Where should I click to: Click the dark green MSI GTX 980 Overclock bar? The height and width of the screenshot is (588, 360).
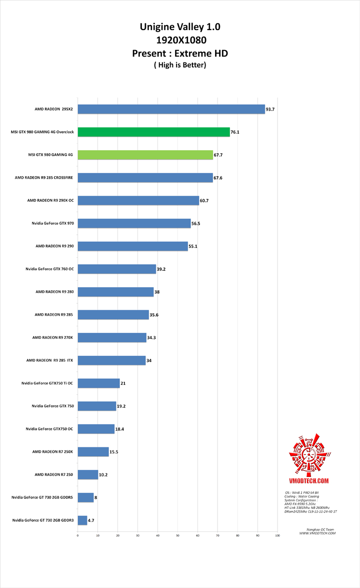[x=153, y=132]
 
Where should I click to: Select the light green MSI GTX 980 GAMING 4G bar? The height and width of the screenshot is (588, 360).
[x=145, y=155]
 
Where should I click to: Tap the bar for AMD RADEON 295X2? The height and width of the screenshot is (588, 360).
[x=171, y=109]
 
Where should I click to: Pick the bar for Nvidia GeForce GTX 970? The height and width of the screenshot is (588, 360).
[x=134, y=223]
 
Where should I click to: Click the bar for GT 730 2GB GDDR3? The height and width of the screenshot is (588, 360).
[x=82, y=520]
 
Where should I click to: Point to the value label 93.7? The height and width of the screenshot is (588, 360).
[x=270, y=109]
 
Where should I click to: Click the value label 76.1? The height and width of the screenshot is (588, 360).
[x=235, y=132]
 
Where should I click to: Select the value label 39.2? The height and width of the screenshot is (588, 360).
[x=161, y=269]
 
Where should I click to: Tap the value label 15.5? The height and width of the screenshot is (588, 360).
[x=113, y=452]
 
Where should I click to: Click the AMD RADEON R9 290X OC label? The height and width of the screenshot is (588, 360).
[x=50, y=200]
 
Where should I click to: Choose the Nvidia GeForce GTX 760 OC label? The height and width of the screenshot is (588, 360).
[x=49, y=269]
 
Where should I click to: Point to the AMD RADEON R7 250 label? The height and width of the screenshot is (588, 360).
[x=54, y=474]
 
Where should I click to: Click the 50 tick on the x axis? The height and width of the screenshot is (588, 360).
[x=177, y=536]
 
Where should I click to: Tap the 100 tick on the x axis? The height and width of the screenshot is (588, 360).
[x=277, y=536]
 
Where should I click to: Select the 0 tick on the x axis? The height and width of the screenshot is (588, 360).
[x=78, y=536]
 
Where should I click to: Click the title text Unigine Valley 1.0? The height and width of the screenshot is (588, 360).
[x=180, y=27]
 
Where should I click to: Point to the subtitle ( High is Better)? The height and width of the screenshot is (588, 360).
[x=180, y=65]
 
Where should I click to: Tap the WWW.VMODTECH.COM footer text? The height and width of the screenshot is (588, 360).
[x=317, y=533]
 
